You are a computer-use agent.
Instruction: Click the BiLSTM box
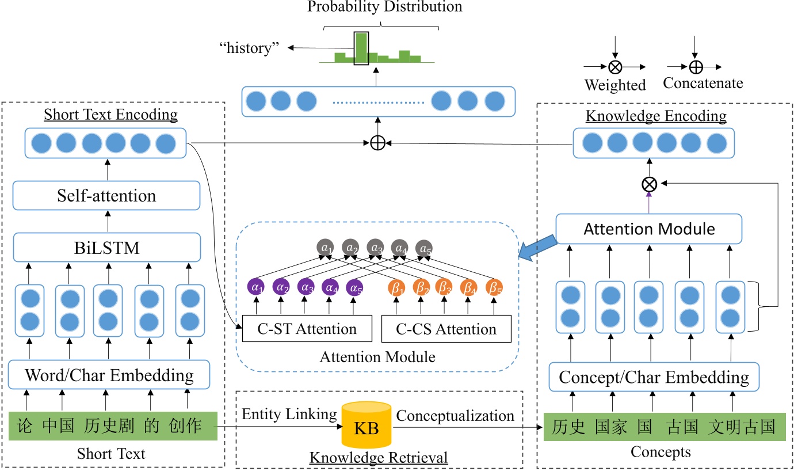(x=106, y=248)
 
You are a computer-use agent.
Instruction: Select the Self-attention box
(x=106, y=196)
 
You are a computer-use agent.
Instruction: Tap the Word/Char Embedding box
(x=109, y=376)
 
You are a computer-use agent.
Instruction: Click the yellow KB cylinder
(x=367, y=427)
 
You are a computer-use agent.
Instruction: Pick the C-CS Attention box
(x=446, y=329)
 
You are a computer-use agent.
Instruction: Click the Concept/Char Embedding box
(x=654, y=378)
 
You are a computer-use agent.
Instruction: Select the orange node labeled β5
(x=494, y=286)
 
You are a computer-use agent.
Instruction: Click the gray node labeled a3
(x=376, y=248)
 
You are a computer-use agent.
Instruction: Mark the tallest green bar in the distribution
(x=361, y=48)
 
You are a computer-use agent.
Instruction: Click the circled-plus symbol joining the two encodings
(x=377, y=143)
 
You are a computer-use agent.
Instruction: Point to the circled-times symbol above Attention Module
(x=649, y=184)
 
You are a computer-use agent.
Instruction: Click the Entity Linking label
(x=289, y=415)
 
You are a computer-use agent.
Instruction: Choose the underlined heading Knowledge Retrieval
(x=378, y=458)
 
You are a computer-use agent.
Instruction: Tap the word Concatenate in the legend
(x=703, y=83)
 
